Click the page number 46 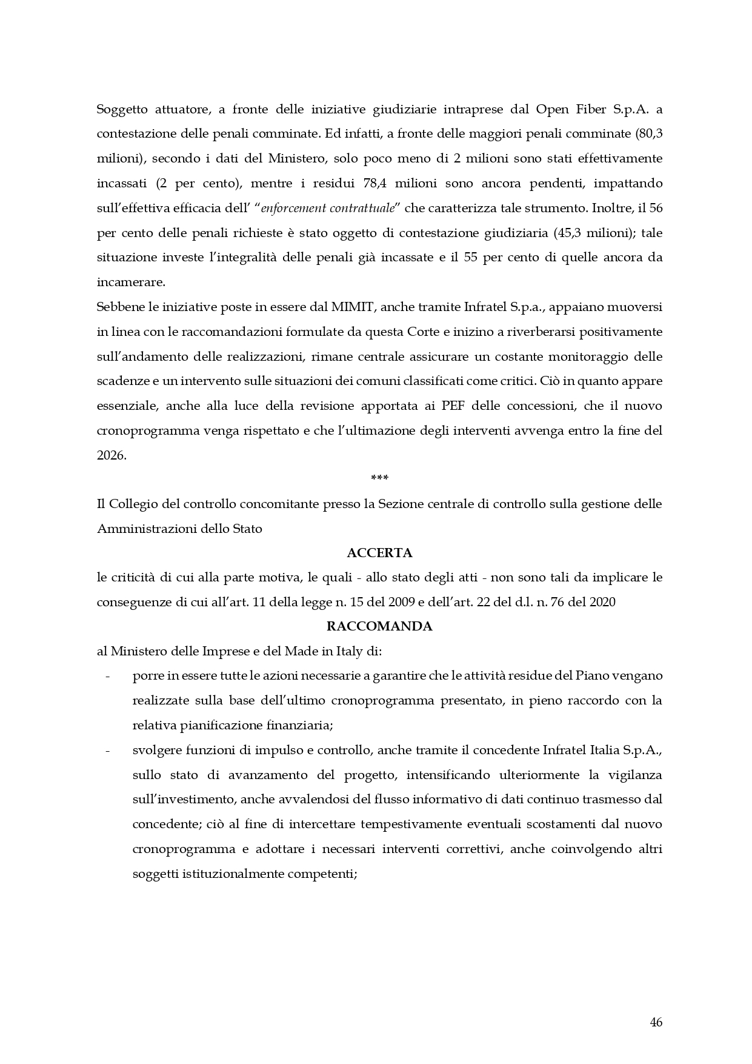point(656,1022)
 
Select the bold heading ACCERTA point(379,552)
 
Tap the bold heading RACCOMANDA point(379,626)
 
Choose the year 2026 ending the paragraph point(110,455)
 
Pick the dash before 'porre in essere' point(108,676)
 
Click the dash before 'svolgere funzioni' point(108,750)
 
